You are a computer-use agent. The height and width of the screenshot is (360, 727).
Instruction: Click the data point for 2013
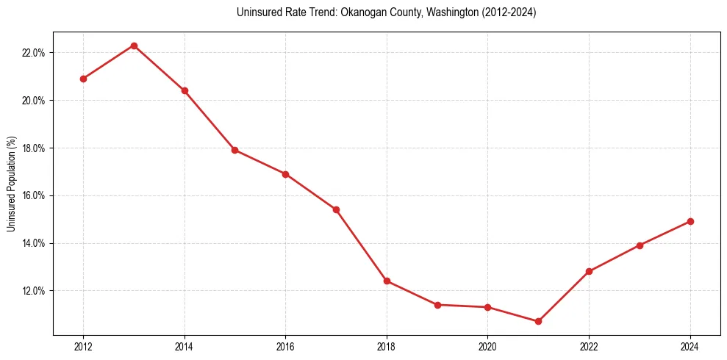coord(134,46)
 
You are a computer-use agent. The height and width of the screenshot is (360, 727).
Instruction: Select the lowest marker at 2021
coord(538,321)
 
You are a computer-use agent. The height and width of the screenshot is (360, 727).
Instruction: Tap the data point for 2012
coord(83,79)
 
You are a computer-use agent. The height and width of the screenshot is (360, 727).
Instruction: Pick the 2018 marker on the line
coord(387,281)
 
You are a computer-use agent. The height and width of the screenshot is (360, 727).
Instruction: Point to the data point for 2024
coord(690,221)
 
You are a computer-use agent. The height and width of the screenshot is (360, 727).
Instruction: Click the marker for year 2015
coord(234,150)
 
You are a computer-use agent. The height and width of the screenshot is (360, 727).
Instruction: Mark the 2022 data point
coord(589,271)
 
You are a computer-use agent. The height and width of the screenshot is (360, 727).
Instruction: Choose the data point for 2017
coord(336,209)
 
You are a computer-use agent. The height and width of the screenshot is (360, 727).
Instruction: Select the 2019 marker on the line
coord(437,304)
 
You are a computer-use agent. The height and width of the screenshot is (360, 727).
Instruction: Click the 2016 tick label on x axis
coord(285,347)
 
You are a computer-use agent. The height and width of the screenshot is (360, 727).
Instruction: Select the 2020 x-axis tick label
coord(487,347)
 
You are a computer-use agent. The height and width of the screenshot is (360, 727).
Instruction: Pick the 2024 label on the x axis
coord(690,347)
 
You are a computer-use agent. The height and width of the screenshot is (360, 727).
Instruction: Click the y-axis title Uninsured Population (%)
coord(11,184)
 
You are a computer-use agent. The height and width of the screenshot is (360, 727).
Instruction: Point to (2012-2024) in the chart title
coord(508,12)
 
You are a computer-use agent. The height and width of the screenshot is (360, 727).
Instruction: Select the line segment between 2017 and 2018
coord(361,245)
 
